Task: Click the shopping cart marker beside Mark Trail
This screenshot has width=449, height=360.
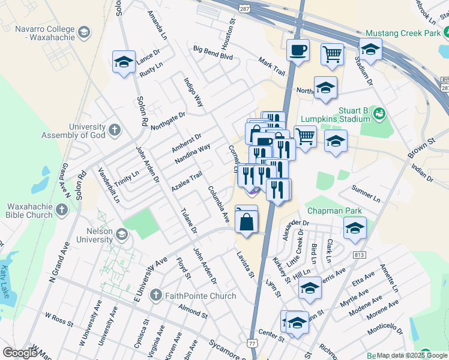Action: pos(331,55)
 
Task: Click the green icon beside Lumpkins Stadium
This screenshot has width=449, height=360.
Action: pos(379,112)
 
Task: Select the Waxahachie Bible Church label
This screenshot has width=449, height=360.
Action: pos(29,211)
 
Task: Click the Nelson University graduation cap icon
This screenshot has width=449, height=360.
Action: pos(122,234)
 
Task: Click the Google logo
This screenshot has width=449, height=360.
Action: pos(20,353)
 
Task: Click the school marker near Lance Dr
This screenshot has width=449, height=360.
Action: pos(124,62)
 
